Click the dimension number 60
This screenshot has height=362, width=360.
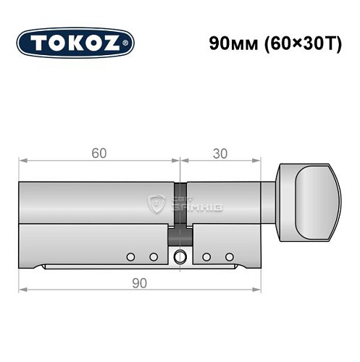(x=99, y=153)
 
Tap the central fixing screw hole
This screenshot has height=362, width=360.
(x=180, y=256)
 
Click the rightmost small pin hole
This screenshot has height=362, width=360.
(x=230, y=256)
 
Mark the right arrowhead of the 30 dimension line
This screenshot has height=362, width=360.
(x=257, y=161)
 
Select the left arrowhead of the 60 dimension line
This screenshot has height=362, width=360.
(x=22, y=161)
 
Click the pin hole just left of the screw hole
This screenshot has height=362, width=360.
(x=153, y=256)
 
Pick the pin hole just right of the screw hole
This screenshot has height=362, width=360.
(x=206, y=256)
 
